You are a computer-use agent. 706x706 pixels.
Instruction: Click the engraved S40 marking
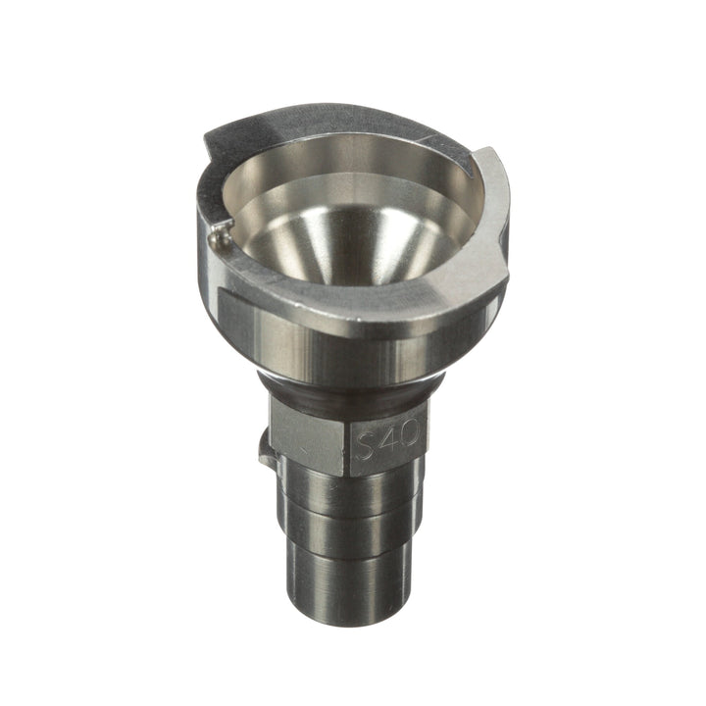[385, 444]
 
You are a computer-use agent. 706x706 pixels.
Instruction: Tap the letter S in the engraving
[365, 444]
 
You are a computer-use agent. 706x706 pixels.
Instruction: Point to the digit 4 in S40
[386, 444]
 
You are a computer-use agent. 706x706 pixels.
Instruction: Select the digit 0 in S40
[406, 443]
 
